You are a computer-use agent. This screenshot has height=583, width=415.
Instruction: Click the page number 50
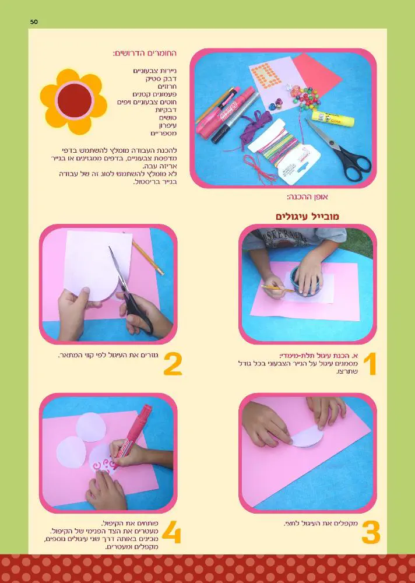34,22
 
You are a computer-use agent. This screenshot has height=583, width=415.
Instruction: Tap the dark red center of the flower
75,100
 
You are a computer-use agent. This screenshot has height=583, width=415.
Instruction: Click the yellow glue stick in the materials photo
333,118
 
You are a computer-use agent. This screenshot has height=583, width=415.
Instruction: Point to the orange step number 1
370,364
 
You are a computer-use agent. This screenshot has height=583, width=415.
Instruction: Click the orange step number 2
173,364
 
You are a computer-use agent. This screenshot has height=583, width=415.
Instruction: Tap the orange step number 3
371,532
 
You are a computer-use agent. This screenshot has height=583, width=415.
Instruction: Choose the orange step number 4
171,532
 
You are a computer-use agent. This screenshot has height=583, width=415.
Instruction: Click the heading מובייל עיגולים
307,216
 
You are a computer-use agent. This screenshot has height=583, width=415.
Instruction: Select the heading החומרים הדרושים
145,53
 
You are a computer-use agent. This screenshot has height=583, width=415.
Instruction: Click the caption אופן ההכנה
307,196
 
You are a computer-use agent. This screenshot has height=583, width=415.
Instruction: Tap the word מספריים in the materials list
164,133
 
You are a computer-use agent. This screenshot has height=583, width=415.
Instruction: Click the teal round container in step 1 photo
307,281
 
